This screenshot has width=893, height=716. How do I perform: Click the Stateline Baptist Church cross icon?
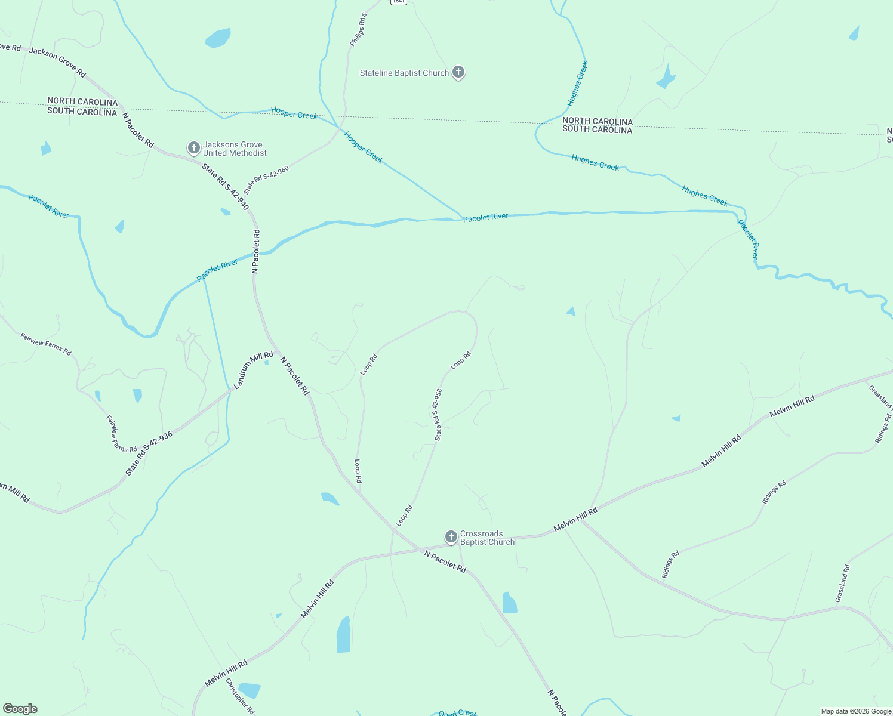pos(458,72)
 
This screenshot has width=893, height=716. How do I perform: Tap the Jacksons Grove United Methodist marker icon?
pos(193,147)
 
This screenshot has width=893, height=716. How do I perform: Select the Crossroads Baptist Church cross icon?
pos(451,536)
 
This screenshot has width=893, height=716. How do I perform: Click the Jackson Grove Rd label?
pos(57,62)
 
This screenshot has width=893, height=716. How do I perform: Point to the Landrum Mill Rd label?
pos(253,371)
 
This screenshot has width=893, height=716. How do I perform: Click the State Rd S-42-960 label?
pos(266,180)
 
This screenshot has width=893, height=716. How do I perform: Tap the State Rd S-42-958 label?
pos(438,415)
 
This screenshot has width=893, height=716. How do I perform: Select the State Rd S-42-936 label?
pos(149,453)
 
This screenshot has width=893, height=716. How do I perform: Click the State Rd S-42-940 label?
pos(225,186)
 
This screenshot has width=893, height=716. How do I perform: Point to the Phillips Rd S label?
pos(358,29)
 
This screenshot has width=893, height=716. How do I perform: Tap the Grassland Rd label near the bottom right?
pos(842,583)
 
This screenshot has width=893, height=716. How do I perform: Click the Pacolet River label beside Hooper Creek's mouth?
pos(486,218)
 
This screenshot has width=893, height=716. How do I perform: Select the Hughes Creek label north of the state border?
pos(577,83)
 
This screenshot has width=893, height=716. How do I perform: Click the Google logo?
pos(20,709)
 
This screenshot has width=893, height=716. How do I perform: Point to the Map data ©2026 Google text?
pos(856,711)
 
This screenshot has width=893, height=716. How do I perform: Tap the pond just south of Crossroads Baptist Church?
pos(509,603)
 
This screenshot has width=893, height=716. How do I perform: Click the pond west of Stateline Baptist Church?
pos(218,38)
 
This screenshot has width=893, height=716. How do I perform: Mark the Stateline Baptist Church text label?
pos(404,73)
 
